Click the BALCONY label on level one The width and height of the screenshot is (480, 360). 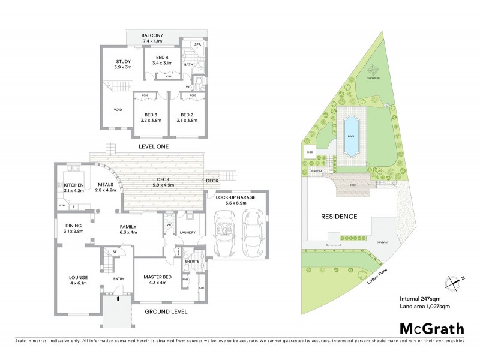[x=153, y=36]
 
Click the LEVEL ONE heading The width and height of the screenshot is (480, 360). [x=153, y=146]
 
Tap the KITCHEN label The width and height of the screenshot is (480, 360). [x=74, y=185]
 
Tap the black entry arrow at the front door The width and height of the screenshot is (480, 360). [x=118, y=297]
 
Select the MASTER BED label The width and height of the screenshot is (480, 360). [x=158, y=277]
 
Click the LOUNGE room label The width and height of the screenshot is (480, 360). [x=78, y=277]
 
